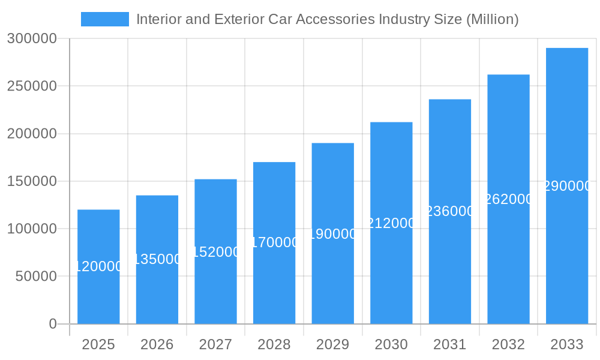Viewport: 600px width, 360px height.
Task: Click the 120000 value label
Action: pyautogui.click(x=98, y=266)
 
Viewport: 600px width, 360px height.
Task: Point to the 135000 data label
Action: pyautogui.click(x=157, y=259)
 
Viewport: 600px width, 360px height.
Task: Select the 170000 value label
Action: pyautogui.click(x=274, y=242)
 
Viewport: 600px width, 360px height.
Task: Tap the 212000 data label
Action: pyautogui.click(x=391, y=223)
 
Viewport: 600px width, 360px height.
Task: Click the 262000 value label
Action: pyautogui.click(x=508, y=199)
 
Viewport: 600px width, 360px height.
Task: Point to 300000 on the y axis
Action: pyautogui.click(x=32, y=39)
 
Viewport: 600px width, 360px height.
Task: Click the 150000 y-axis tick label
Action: pyautogui.click(x=32, y=181)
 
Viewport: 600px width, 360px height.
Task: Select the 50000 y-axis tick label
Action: pyautogui.click(x=35, y=277)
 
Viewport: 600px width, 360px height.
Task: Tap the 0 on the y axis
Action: pyautogui.click(x=53, y=324)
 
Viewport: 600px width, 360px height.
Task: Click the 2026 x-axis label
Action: pyautogui.click(x=157, y=344)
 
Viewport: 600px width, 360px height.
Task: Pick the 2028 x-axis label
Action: pyautogui.click(x=274, y=344)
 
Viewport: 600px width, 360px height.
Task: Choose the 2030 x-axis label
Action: pyautogui.click(x=391, y=344)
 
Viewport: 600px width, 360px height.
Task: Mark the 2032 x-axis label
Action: pyautogui.click(x=508, y=344)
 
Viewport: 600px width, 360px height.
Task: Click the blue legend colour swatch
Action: pyautogui.click(x=105, y=19)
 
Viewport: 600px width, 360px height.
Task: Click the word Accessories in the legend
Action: pyautogui.click(x=336, y=19)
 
